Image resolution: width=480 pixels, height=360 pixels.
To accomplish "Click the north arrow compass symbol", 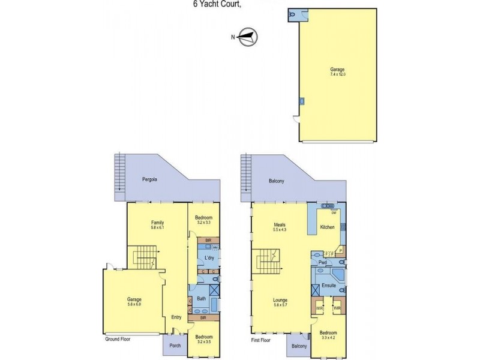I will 247,37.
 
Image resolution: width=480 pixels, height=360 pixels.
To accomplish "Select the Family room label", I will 157,223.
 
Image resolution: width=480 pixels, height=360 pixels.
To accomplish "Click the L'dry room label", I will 209,258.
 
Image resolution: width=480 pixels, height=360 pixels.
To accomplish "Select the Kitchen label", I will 327,227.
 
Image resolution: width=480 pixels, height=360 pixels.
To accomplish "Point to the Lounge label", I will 281,301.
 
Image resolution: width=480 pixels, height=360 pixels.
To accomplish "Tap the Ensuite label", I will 328,286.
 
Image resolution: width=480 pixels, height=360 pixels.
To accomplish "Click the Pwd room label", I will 322,262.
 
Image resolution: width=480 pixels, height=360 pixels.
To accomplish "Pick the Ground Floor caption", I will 116,339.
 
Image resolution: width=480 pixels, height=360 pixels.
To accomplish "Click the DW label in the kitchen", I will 334,212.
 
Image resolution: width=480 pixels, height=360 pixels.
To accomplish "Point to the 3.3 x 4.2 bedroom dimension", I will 328,338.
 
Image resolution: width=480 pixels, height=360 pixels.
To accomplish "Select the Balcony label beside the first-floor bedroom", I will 299,346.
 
